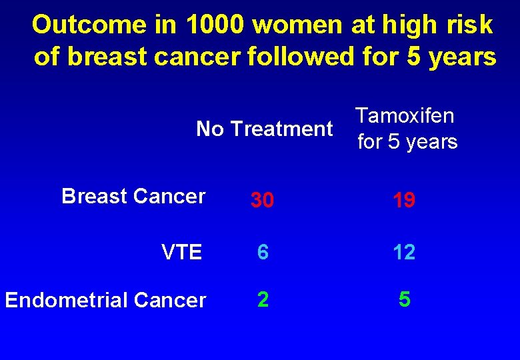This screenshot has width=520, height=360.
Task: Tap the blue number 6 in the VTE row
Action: click(x=263, y=251)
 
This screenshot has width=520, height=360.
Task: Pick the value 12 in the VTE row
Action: click(x=404, y=251)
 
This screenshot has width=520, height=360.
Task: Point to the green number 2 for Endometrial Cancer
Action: click(x=263, y=300)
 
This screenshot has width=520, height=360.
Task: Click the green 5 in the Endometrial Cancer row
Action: click(x=405, y=300)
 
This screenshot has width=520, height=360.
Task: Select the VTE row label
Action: click(x=181, y=252)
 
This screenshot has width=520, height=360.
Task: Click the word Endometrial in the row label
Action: click(x=67, y=301)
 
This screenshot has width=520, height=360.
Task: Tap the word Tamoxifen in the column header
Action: click(x=405, y=115)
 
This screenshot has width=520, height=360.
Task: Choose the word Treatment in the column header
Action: click(x=281, y=129)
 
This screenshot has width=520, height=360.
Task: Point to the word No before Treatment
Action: click(x=210, y=129)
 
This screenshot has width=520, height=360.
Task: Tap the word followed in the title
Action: click(x=297, y=57)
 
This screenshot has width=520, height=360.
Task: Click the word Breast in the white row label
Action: click(x=95, y=196)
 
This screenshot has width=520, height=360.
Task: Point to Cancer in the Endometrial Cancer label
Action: click(x=170, y=301)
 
